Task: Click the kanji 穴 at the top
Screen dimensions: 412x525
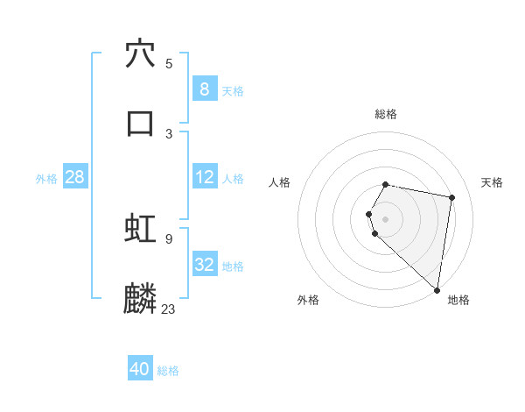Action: click(x=140, y=53)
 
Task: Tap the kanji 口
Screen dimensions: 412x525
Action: click(x=140, y=123)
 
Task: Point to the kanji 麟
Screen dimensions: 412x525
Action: click(x=140, y=298)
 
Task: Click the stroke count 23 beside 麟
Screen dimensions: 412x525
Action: click(x=168, y=308)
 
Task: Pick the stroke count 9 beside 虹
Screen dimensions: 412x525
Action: click(x=168, y=238)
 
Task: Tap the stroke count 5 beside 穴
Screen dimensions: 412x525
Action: click(x=168, y=63)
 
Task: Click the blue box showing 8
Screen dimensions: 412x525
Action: click(x=204, y=89)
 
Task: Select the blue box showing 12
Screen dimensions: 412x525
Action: click(x=204, y=177)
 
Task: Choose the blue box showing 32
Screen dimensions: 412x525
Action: click(x=204, y=265)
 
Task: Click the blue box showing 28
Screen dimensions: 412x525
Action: click(x=74, y=177)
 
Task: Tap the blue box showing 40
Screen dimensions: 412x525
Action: click(x=140, y=369)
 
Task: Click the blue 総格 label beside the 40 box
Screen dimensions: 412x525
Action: click(x=168, y=371)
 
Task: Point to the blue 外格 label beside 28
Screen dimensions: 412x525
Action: click(x=46, y=179)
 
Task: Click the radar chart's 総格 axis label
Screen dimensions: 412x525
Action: click(x=386, y=114)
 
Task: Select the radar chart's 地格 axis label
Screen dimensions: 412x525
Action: click(x=458, y=300)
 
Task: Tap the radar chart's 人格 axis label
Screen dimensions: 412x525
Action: click(x=280, y=182)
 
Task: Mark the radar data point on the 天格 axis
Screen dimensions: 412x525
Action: click(x=451, y=197)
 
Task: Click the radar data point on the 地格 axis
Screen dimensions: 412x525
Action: click(x=437, y=289)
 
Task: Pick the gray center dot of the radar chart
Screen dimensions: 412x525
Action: click(x=386, y=218)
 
